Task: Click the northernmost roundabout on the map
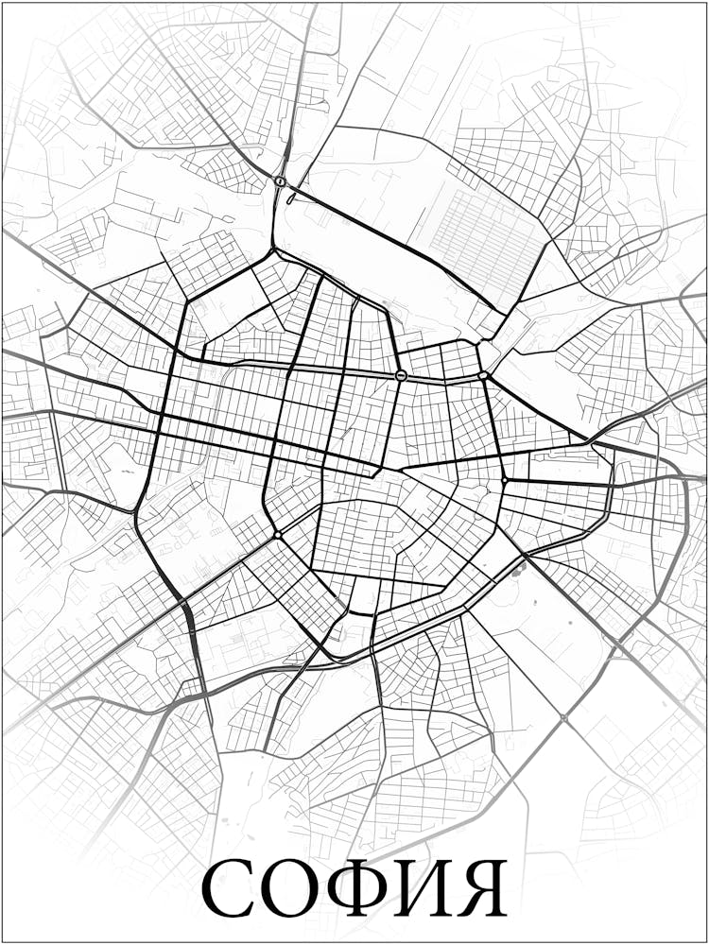click(x=280, y=180)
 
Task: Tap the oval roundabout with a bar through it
click(x=401, y=375)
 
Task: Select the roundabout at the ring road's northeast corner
click(x=483, y=375)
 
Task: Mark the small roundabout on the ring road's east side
click(x=505, y=481)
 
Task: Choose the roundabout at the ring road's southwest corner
click(x=277, y=536)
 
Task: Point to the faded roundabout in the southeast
click(x=564, y=719)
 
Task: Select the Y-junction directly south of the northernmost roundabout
click(x=274, y=251)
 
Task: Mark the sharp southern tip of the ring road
click(x=333, y=656)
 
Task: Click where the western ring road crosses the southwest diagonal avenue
click(x=183, y=601)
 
